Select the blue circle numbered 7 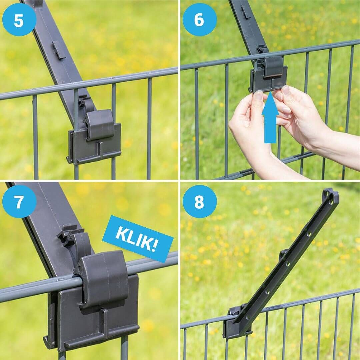(x=19, y=202)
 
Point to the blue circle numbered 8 (x=200, y=202)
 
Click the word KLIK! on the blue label (x=138, y=239)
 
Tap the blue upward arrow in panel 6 (x=270, y=117)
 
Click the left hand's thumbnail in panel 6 (x=259, y=95)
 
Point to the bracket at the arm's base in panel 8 (x=236, y=321)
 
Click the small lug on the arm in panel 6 (x=245, y=11)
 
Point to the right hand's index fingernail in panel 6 (x=286, y=91)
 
